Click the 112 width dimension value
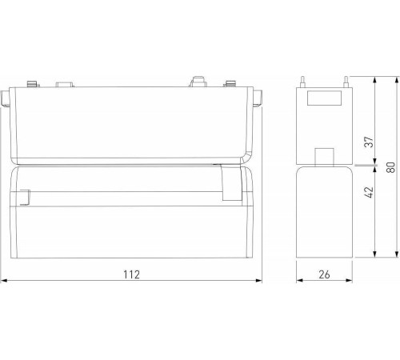click(132, 274)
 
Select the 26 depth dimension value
click(326, 274)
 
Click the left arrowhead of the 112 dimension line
click(4, 281)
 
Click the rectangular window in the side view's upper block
click(326, 100)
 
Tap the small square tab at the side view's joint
click(325, 155)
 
